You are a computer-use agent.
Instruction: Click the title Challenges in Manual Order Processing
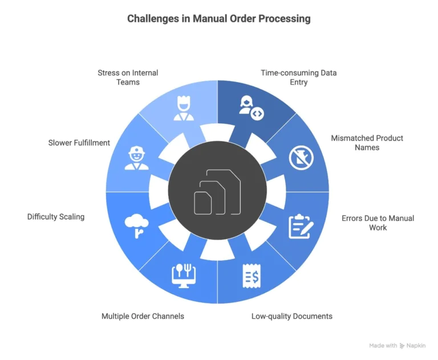click(218, 19)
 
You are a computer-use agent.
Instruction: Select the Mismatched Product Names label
click(367, 143)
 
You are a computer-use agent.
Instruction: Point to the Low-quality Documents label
click(291, 316)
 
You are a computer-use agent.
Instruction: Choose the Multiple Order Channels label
click(143, 316)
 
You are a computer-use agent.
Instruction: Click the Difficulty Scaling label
click(56, 217)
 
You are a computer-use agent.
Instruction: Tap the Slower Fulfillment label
click(79, 143)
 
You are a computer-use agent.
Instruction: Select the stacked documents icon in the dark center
click(218, 192)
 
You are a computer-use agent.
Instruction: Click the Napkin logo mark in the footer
click(402, 346)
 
